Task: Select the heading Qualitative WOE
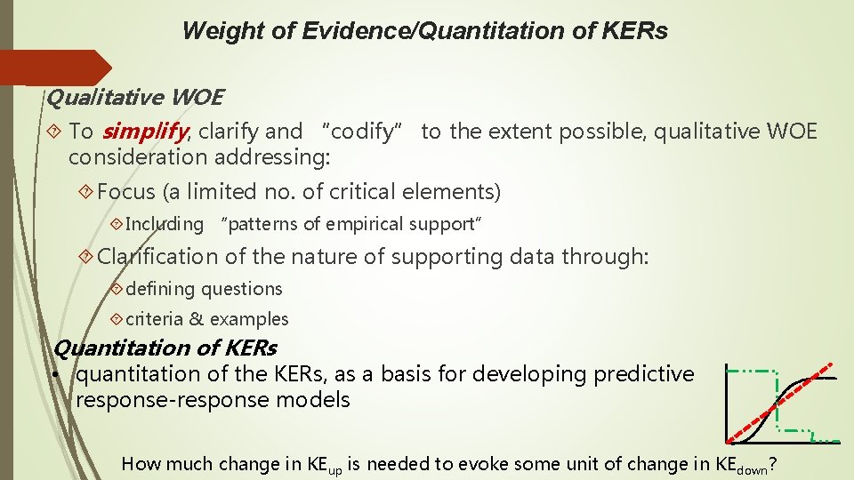pos(134,97)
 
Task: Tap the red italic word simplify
pos(144,132)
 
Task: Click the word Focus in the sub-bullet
pos(126,191)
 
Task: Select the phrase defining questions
pos(204,289)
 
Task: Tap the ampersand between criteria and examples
pos(196,319)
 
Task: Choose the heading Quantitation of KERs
pos(165,348)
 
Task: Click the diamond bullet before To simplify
pos(54,132)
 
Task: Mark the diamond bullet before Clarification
pos(86,257)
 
